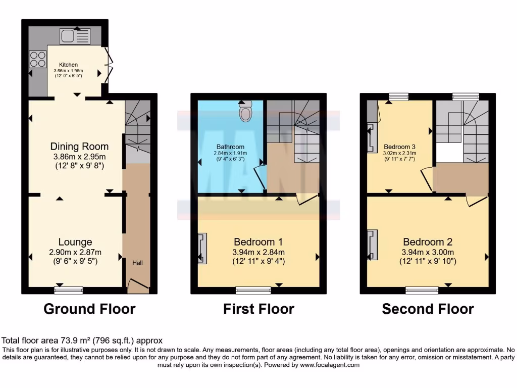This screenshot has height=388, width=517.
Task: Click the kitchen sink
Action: pyautogui.click(x=75, y=36)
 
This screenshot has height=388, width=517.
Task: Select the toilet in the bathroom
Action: pyautogui.click(x=246, y=112)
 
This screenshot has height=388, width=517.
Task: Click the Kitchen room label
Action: pyautogui.click(x=68, y=65)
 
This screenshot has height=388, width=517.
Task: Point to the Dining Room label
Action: pyautogui.click(x=79, y=147)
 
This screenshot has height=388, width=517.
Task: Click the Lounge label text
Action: pyautogui.click(x=75, y=242)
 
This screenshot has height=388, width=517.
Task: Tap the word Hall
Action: pyautogui.click(x=137, y=263)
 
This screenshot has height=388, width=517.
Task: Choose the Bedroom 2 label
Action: pyautogui.click(x=428, y=241)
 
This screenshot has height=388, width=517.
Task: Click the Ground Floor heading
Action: pyautogui.click(x=89, y=309)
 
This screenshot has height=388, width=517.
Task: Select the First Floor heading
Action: pyautogui.click(x=258, y=309)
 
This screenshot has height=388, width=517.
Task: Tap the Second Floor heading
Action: pyautogui.click(x=428, y=309)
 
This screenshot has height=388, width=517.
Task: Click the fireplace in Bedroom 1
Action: pyautogui.click(x=202, y=248)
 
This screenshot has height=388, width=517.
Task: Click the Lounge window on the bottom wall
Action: pyautogui.click(x=68, y=290)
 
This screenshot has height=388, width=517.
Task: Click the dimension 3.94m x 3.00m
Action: pyautogui.click(x=428, y=252)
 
